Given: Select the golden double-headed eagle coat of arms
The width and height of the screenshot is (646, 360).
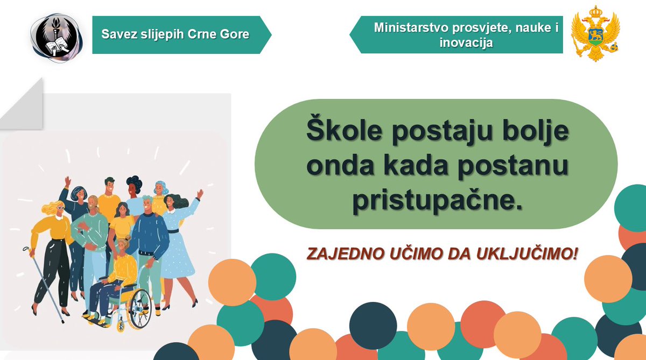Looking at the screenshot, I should [x=595, y=33].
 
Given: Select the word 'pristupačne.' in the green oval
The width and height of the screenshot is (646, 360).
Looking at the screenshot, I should [x=438, y=200].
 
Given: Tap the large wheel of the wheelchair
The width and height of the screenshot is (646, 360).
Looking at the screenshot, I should [x=138, y=308].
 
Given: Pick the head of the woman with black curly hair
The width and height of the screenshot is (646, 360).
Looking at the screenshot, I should [x=134, y=186].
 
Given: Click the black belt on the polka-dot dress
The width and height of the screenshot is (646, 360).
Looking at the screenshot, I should [x=173, y=230].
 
